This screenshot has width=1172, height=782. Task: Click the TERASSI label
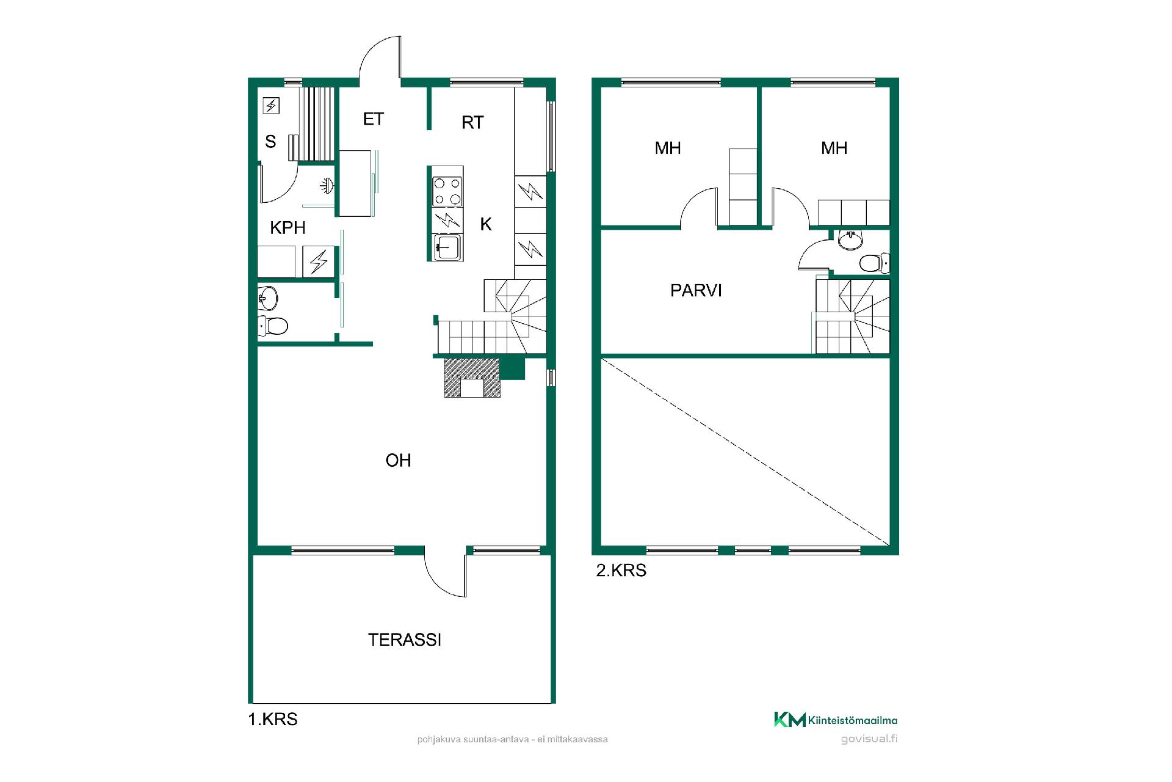404,640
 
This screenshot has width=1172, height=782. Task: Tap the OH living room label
398,460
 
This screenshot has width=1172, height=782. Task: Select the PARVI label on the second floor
696,290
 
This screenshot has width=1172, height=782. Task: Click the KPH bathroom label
288,228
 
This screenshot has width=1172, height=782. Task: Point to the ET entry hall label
373,119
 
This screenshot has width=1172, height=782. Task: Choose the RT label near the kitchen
472,123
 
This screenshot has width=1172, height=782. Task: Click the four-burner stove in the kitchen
447,191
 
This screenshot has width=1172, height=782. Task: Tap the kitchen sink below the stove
447,247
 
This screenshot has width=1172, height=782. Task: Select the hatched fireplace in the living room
472,378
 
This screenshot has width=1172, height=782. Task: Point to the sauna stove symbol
271,106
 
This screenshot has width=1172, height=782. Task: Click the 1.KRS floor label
273,719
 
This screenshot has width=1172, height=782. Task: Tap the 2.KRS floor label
621,571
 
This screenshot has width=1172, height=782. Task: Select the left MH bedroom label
667,148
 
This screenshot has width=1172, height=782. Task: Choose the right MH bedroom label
834,148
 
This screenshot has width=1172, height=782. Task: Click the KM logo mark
790,720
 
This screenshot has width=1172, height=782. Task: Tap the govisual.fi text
869,739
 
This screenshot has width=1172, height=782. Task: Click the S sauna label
270,142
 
